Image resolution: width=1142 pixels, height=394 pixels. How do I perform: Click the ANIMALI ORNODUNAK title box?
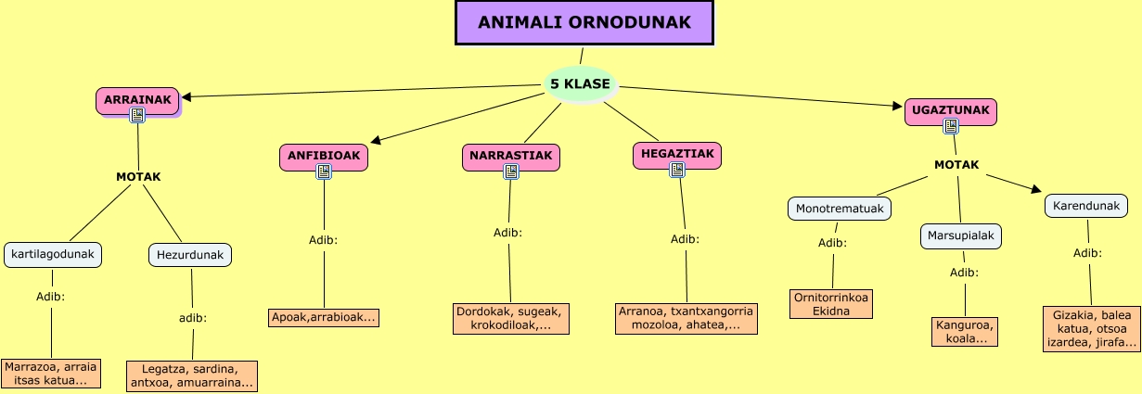point(585,22)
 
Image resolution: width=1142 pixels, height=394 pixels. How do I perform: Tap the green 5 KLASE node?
point(580,84)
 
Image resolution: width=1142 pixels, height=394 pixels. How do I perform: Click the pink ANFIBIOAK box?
point(323,156)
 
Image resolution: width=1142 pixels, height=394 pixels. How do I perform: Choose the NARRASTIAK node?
point(510,156)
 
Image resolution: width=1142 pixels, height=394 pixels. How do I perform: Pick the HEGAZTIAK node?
point(676,154)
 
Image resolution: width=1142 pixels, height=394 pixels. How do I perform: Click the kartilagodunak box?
point(53,254)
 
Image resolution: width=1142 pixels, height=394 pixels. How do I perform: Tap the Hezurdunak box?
point(190,254)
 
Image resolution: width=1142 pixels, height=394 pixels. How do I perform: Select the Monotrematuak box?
point(840,209)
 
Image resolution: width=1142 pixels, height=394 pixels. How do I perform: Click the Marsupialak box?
point(961,236)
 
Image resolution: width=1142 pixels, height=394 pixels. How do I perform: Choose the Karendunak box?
point(1086,205)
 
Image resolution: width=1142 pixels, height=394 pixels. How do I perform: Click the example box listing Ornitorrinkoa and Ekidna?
point(831,304)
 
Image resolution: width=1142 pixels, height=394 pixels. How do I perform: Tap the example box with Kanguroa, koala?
point(965,332)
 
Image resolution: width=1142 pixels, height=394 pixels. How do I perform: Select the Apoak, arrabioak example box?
point(324,318)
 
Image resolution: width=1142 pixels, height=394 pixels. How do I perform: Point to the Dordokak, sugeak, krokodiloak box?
point(510,318)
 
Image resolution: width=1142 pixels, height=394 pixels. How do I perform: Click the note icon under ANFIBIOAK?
point(324,172)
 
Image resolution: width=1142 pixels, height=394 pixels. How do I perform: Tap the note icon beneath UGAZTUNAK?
point(951,126)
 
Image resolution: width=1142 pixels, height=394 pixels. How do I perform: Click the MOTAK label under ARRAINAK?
point(138,176)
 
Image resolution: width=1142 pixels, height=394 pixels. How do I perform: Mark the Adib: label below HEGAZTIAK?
point(685,239)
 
